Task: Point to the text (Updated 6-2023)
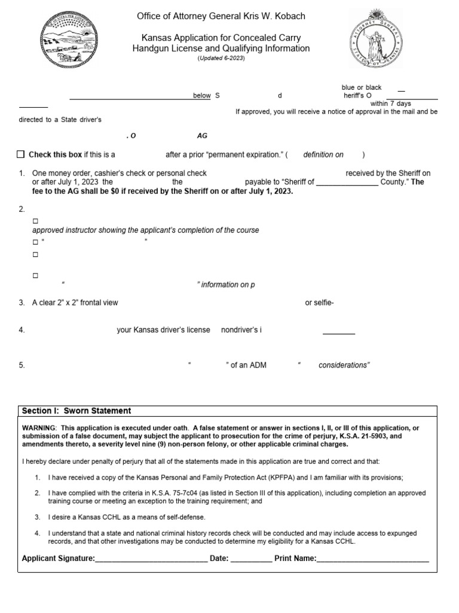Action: (221, 59)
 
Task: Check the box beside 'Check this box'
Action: (22, 154)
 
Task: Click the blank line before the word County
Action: (347, 182)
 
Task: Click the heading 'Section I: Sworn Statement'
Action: (76, 411)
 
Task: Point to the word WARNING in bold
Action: (38, 427)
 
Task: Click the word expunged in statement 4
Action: (396, 533)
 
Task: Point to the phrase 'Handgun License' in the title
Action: (164, 48)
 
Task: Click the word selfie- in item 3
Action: (319, 303)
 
